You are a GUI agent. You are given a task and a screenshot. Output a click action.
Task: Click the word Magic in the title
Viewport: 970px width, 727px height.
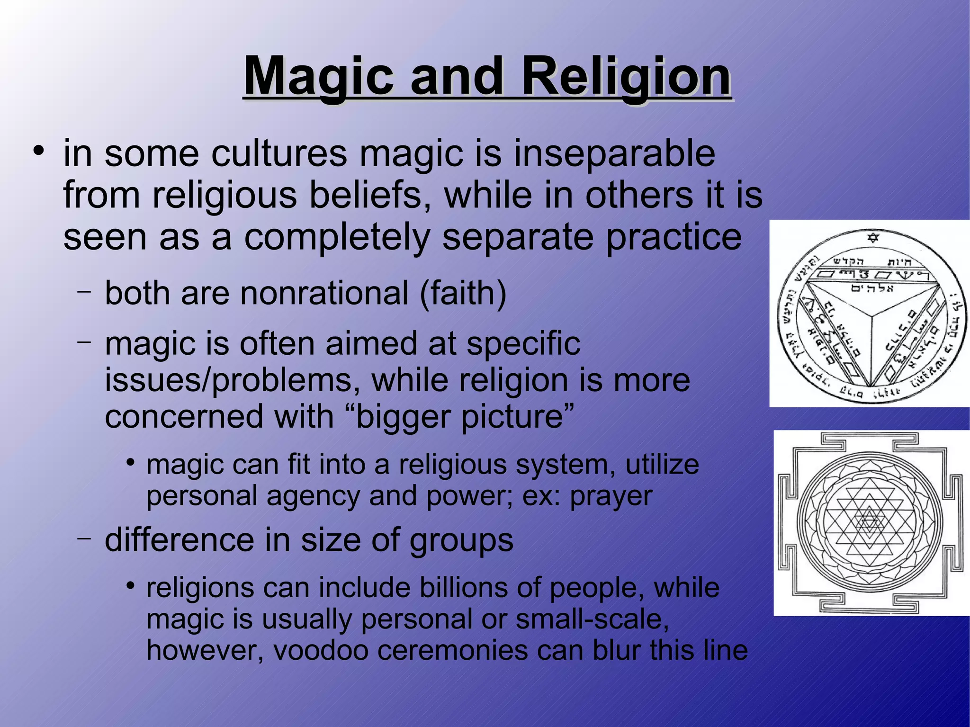point(318,76)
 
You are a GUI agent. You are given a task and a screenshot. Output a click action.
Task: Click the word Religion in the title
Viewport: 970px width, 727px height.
point(626,76)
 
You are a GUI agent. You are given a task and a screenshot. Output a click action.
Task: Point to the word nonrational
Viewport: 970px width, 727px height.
point(324,293)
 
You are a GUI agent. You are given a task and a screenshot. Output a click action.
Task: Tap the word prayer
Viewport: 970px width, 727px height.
point(611,496)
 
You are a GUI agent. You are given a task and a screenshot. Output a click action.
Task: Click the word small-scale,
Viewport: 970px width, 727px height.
point(592,619)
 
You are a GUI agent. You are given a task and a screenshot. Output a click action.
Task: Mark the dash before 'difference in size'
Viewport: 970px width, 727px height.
point(84,538)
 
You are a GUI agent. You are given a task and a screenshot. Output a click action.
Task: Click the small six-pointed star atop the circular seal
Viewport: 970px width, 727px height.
point(873,237)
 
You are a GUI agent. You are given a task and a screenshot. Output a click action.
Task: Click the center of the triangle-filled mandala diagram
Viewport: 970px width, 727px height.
point(869,522)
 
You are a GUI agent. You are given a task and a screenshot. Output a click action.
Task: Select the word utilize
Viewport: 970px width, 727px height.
point(662,465)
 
